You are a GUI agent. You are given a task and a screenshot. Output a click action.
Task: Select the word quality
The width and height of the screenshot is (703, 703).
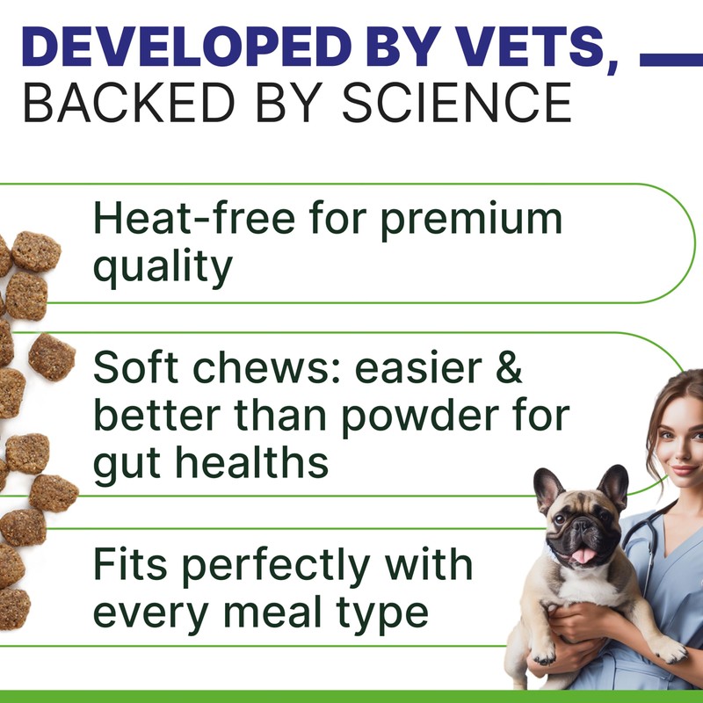pyautogui.click(x=163, y=267)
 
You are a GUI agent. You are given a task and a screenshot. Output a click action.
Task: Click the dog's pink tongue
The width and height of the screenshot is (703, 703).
pyautogui.click(x=583, y=554)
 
